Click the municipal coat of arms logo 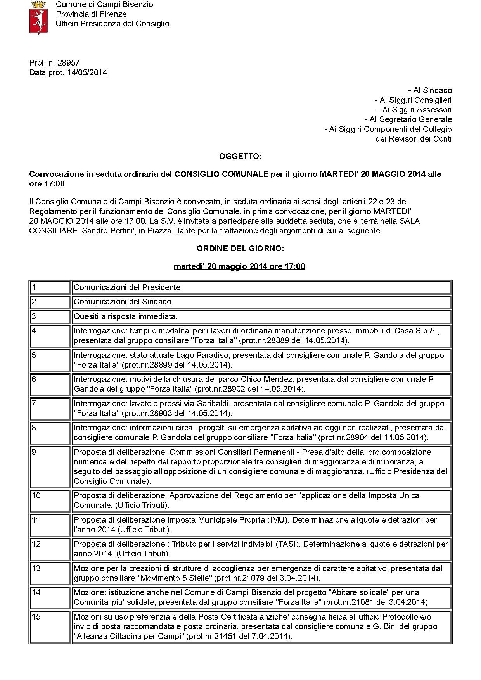point(38,17)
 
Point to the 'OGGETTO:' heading point(240,156)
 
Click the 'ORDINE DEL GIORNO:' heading point(240,249)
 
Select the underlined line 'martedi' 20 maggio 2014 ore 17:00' point(239,266)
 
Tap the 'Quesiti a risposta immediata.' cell point(126,316)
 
